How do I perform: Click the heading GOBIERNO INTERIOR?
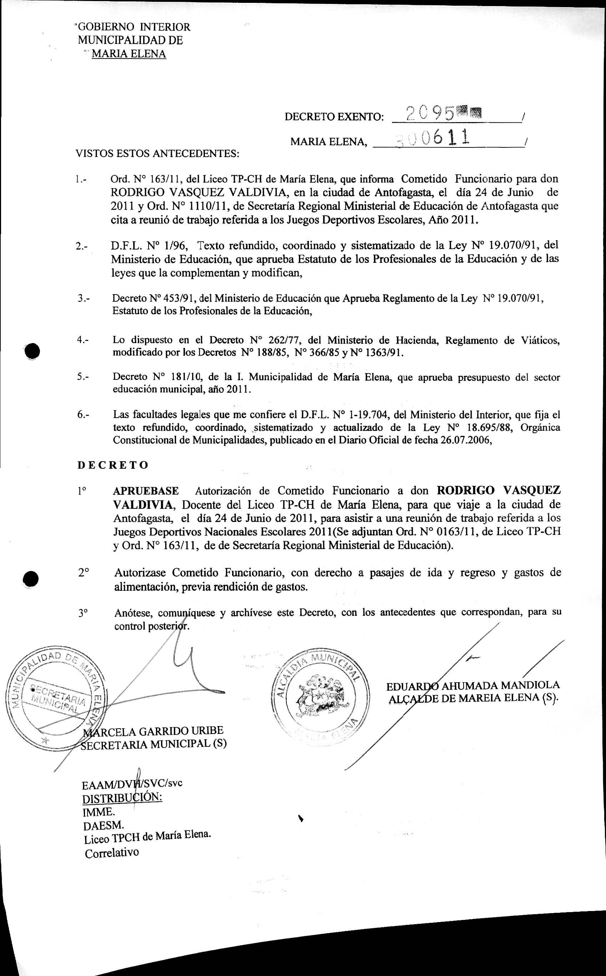(x=134, y=27)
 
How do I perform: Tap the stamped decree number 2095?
(x=430, y=114)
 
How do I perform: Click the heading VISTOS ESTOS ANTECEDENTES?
(x=157, y=154)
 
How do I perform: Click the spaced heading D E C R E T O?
(x=112, y=465)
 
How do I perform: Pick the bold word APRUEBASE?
(x=146, y=491)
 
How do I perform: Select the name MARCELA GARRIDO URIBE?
(x=154, y=731)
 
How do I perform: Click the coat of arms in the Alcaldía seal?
(x=319, y=697)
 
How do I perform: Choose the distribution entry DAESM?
(x=104, y=825)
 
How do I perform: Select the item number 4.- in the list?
(x=83, y=340)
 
